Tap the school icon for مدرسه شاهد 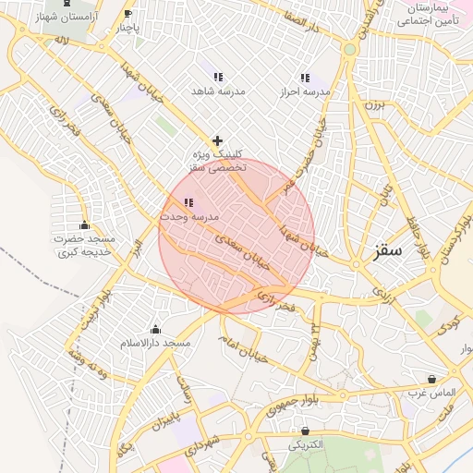tap(218, 78)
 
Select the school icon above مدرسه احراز tap(304, 79)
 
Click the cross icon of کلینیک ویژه tap(217, 140)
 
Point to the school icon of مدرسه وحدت tap(188, 202)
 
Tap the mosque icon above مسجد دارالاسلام tap(155, 330)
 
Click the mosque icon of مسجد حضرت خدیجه tap(85, 225)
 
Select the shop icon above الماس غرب tap(431, 379)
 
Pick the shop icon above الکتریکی tap(306, 431)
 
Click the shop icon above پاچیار tap(127, 14)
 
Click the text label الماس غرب tap(431, 393)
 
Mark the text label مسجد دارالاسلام tap(155, 344)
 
